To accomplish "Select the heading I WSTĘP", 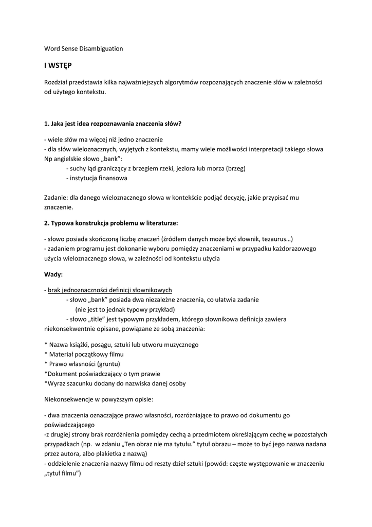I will [58, 66].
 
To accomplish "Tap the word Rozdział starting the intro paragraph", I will [58, 82].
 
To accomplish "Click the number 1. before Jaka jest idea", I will [47, 124].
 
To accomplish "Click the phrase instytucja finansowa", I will [98, 178].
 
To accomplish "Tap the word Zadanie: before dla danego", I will [57, 198].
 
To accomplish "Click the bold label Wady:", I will [53, 274].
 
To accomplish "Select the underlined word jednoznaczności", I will [87, 290].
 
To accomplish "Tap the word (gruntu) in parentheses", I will [113, 364].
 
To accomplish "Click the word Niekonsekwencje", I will [70, 399].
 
